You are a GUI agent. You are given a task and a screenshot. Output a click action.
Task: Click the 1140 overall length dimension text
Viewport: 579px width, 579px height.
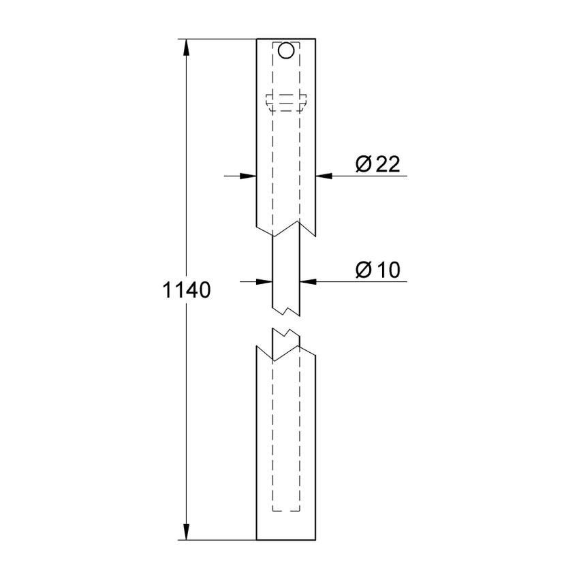[x=185, y=291]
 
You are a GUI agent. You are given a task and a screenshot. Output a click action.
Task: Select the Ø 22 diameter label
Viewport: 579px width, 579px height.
[x=377, y=164]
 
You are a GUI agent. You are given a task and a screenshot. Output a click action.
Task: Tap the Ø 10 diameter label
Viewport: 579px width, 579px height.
[x=377, y=269]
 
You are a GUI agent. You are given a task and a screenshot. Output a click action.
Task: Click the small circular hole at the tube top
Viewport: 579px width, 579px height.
[x=286, y=50]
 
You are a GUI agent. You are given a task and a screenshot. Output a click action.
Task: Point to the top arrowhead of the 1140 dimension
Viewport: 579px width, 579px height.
[x=185, y=46]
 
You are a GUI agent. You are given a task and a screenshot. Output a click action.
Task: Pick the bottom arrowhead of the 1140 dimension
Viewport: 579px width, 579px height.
[x=185, y=533]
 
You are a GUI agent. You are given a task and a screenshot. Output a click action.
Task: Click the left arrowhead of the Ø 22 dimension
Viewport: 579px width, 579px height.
[x=249, y=176]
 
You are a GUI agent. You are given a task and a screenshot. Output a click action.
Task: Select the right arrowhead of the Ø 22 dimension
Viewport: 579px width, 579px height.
[x=324, y=176]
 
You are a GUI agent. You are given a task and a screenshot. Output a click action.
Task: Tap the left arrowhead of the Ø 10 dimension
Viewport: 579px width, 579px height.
[x=265, y=280]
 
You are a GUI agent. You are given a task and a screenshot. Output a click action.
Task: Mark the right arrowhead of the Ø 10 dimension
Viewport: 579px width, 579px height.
[x=307, y=280]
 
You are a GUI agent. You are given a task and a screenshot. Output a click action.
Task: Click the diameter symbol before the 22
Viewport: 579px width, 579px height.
[x=363, y=164]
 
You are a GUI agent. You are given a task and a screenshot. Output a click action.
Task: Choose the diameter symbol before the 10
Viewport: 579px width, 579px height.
[x=363, y=269]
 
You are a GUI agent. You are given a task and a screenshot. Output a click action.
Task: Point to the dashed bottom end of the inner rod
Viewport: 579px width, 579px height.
[x=286, y=510]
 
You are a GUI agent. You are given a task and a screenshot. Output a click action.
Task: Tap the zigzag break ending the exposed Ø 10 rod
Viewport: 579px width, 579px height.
[x=286, y=311]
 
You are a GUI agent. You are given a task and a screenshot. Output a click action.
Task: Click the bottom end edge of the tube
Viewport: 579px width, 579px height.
[x=286, y=540]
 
